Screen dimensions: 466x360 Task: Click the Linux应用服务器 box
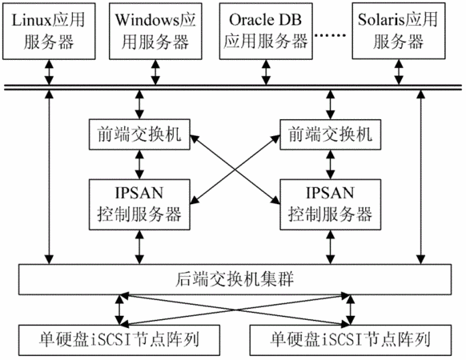click(49, 31)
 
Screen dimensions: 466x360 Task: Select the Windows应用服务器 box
click(155, 31)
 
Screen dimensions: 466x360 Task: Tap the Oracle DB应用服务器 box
click(266, 31)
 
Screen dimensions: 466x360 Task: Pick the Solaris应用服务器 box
click(399, 31)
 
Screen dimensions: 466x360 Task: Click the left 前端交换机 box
click(139, 134)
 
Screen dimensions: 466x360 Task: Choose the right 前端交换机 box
click(331, 134)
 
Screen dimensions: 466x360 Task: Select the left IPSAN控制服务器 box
click(139, 204)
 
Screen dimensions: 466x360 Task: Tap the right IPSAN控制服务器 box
click(331, 204)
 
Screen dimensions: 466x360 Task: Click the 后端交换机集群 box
click(235, 279)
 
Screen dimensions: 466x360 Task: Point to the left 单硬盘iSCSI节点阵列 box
click(119, 340)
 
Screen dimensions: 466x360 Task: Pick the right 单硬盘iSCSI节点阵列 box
click(351, 340)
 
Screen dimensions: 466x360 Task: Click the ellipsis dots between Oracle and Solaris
click(331, 35)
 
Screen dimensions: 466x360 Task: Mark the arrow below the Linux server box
click(49, 72)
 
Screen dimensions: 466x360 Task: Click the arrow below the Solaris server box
click(399, 72)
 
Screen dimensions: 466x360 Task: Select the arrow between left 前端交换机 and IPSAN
click(139, 164)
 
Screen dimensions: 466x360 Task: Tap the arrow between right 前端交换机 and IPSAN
click(331, 164)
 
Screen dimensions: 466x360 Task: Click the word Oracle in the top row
click(251, 20)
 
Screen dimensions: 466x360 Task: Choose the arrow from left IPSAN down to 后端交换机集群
click(139, 247)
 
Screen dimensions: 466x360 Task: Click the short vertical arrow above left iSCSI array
click(119, 310)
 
